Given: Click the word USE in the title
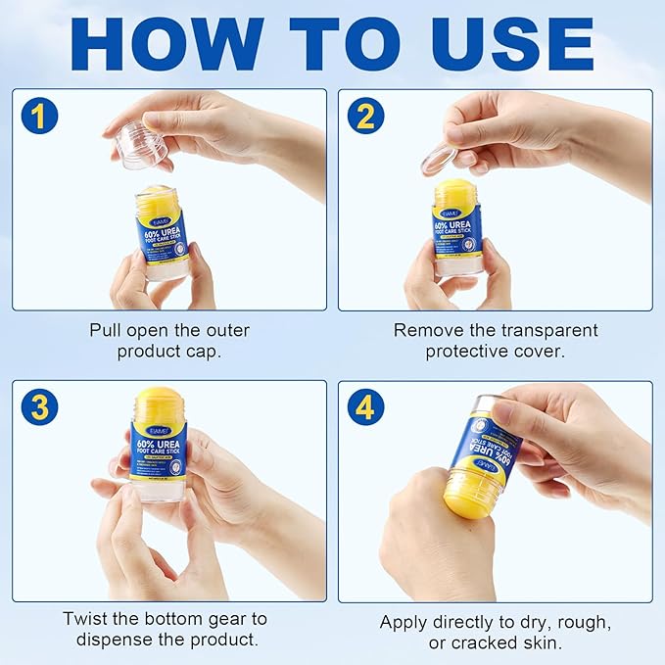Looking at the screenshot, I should [x=508, y=43].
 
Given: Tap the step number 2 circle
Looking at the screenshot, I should [x=363, y=116].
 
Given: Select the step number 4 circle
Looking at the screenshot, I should [x=363, y=406].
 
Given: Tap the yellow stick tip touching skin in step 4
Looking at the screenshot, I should [x=468, y=495].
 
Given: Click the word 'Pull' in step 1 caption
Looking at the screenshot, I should [x=106, y=330].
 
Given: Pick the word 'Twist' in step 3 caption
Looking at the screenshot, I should [x=85, y=619].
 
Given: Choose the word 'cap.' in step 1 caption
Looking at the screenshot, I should [x=228, y=351].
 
